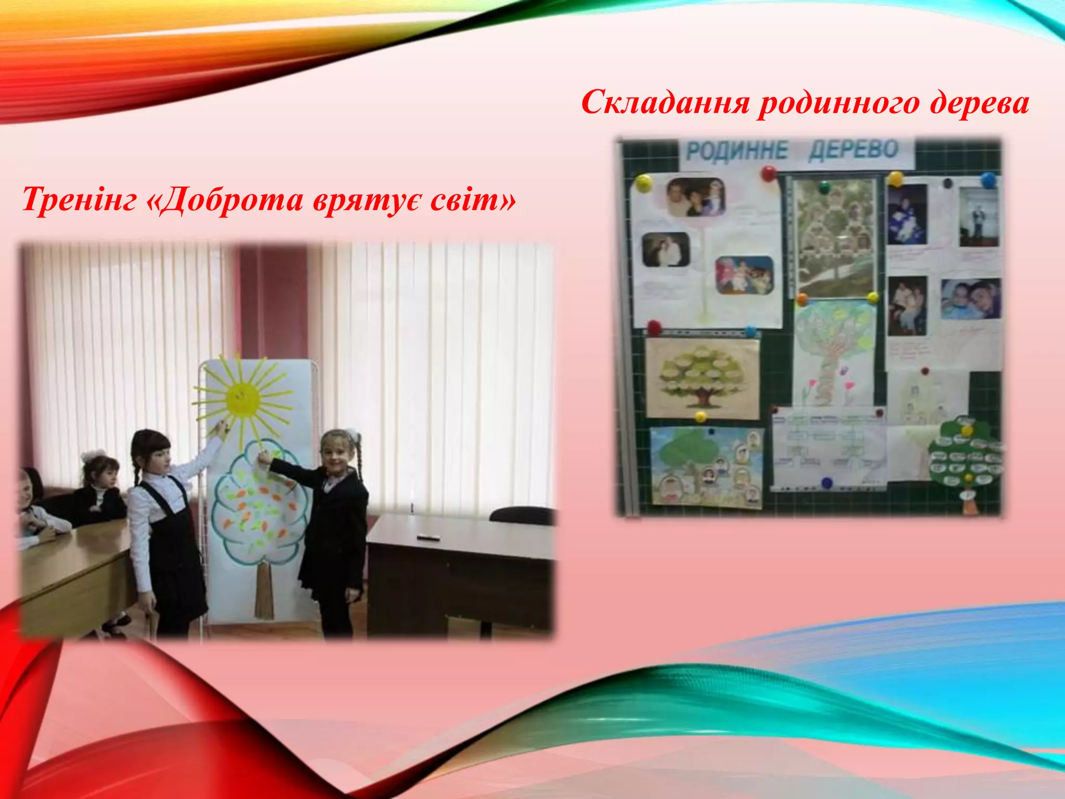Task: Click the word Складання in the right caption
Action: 666,102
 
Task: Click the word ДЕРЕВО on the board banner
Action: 853,150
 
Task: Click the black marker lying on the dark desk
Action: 429,537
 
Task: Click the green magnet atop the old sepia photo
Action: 825,187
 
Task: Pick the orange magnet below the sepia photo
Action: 802,300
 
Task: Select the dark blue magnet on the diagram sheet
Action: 827,483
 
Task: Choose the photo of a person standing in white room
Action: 978,217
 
